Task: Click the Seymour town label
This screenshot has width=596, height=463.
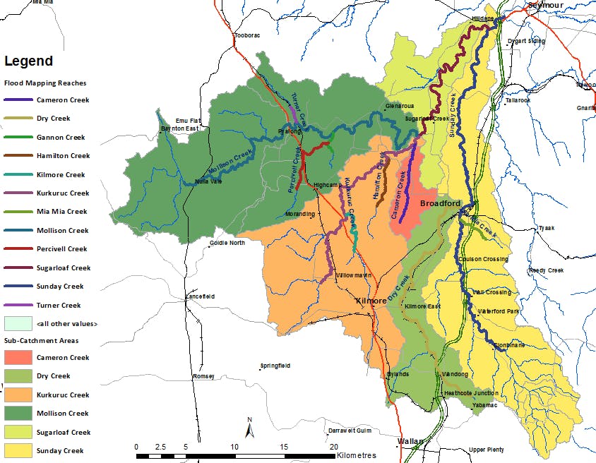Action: point(549,5)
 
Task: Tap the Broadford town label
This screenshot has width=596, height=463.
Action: point(440,203)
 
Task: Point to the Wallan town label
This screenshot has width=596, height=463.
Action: point(410,441)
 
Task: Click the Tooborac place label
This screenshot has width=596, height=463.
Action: point(248,35)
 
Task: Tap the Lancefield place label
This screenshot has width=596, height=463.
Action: point(200,298)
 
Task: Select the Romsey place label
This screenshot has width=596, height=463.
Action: point(203,377)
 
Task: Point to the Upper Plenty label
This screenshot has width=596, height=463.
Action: point(487,450)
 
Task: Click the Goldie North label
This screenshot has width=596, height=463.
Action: point(227,243)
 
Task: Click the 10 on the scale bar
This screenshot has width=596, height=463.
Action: point(234,446)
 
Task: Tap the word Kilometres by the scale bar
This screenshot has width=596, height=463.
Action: point(357,456)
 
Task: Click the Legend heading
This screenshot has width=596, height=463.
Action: point(28,61)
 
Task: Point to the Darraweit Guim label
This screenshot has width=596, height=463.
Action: point(350,430)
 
